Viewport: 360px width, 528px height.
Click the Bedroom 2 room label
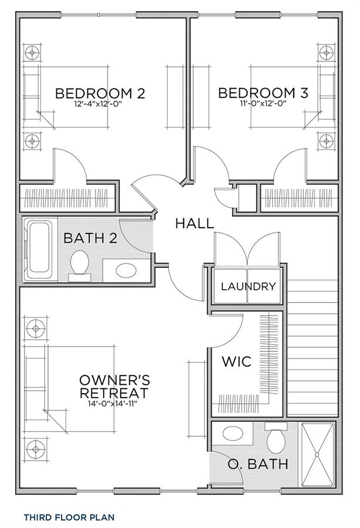pos(100,93)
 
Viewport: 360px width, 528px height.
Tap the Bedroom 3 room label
pos(263,93)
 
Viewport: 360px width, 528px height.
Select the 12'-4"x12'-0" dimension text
pos(98,104)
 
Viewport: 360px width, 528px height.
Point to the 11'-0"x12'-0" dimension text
pos(263,104)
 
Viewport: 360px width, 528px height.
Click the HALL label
pos(195,224)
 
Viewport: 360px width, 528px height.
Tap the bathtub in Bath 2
pos(40,249)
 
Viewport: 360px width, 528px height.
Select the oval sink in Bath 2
pos(126,270)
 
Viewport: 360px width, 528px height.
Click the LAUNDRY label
pos(248,286)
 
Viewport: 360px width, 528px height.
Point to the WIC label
pos(236,361)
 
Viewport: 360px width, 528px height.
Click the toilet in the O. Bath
pos(276,438)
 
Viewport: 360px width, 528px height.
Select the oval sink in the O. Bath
pos(233,434)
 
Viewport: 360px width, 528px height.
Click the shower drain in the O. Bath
pos(317,455)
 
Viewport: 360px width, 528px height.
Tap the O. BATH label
pos(258,464)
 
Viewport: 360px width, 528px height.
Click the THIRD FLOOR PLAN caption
pos(69,517)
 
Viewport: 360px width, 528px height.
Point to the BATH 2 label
pos(90,238)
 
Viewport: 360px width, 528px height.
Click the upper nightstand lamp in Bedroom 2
pos(32,53)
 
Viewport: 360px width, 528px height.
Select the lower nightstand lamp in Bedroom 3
pos(326,140)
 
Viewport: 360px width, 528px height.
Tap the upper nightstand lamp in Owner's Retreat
pos(36,327)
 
